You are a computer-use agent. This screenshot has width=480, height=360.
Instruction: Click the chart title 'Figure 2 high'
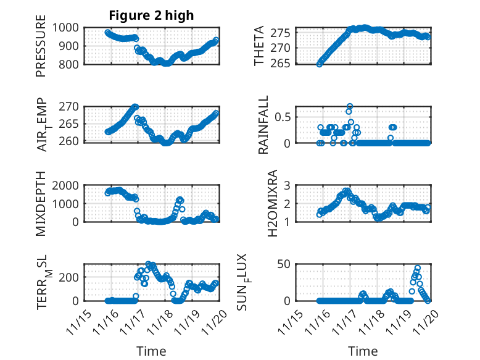click(151, 15)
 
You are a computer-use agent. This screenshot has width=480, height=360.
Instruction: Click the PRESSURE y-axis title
click(41, 50)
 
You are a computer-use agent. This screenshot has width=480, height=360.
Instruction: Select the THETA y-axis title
click(260, 46)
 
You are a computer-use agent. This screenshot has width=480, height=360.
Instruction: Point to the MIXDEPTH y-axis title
click(41, 203)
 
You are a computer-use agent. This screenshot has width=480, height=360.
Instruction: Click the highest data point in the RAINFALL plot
click(350, 106)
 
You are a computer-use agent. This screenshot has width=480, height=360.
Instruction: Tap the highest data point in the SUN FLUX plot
click(418, 268)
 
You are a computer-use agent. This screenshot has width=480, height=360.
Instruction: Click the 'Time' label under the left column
click(151, 351)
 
